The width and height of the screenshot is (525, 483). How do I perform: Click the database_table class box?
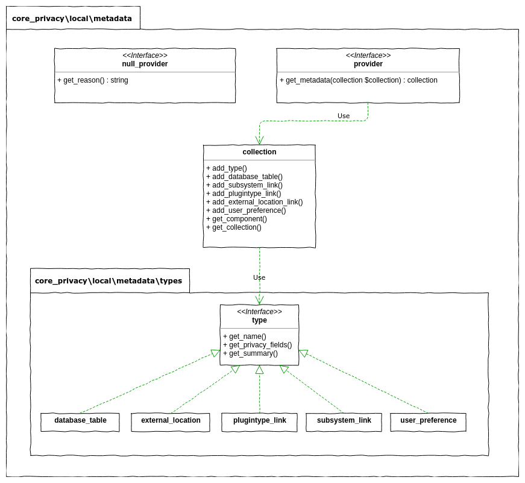[80, 421]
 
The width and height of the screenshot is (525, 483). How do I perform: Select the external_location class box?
[171, 421]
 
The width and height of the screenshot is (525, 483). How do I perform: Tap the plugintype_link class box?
[259, 421]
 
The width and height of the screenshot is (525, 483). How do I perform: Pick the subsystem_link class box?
[344, 421]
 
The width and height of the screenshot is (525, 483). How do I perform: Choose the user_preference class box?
[428, 421]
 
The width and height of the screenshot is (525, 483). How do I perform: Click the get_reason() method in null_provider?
[93, 80]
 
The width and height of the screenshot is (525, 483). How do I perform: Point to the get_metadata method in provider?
[359, 80]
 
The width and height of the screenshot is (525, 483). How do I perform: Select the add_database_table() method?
[244, 177]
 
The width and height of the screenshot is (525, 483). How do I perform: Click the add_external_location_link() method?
[254, 202]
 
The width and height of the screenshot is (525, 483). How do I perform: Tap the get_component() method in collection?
[236, 219]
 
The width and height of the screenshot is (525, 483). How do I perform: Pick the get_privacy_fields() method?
[257, 345]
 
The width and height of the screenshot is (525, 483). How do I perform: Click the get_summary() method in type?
[250, 353]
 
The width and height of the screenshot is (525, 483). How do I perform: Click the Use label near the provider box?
[344, 116]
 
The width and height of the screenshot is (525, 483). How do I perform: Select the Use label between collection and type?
[259, 277]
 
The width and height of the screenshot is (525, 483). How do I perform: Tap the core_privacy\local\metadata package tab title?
[72, 19]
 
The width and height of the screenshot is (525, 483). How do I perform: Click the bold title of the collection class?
[259, 152]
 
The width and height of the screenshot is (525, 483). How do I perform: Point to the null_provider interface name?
[145, 64]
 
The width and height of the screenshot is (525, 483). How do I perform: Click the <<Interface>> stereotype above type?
[259, 312]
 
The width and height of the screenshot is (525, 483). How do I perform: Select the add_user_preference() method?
[246, 210]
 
